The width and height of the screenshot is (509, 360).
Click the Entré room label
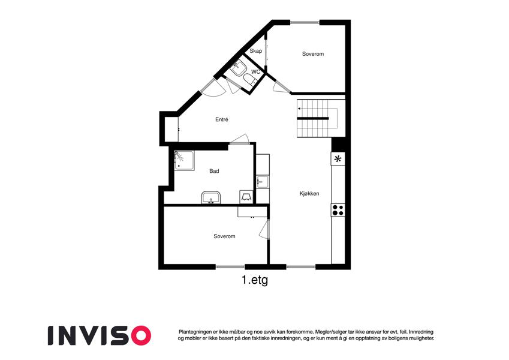[222, 119]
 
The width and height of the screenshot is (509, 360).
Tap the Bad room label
[214, 171]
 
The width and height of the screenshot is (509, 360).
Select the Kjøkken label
[309, 194]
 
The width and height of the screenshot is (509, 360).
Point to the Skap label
[256, 51]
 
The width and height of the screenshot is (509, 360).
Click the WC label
[256, 72]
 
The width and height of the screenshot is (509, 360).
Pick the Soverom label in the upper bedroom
[313, 54]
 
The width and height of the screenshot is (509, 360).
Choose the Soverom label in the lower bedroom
[224, 236]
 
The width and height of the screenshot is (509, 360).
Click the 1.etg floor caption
[255, 280]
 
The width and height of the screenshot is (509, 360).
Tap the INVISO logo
[100, 335]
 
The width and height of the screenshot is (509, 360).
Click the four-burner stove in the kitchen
[338, 210]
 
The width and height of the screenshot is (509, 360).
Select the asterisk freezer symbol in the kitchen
[338, 159]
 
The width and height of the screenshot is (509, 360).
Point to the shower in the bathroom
[184, 160]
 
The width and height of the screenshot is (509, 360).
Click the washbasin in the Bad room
[211, 198]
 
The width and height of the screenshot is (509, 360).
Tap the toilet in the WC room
[249, 80]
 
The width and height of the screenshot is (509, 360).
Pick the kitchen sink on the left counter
[262, 182]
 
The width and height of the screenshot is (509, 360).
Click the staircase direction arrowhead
[299, 109]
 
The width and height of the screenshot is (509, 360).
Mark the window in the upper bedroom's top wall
[305, 22]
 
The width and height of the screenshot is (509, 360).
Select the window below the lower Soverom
[230, 267]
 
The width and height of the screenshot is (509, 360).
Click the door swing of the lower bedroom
[264, 229]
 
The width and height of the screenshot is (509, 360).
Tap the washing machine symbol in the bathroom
[246, 197]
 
